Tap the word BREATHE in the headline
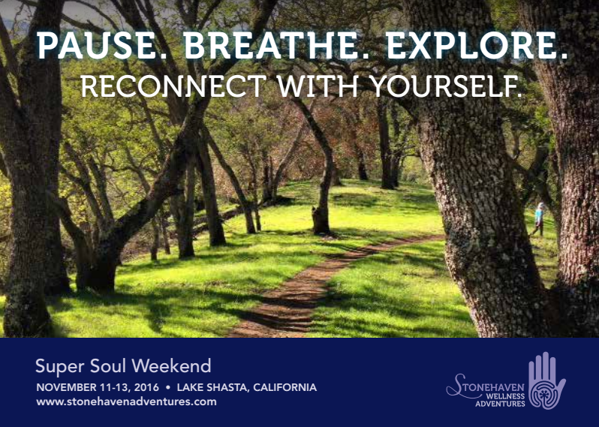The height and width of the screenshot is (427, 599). (276, 46)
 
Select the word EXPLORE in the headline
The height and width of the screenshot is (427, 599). (477, 46)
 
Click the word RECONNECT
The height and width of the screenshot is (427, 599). (173, 86)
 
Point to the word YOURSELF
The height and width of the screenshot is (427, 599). (447, 86)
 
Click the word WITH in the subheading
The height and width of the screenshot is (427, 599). (318, 86)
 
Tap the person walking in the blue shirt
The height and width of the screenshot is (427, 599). (539, 219)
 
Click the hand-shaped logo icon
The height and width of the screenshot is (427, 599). (546, 380)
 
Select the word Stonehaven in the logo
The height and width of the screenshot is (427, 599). (486, 386)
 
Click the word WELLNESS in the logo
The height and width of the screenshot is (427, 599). (506, 397)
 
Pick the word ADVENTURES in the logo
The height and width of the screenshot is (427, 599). (500, 404)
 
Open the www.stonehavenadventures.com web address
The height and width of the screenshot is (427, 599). (126, 401)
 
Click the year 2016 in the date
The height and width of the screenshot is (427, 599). (146, 387)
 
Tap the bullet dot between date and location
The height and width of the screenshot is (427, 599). (167, 387)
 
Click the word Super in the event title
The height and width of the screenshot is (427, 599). (59, 367)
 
